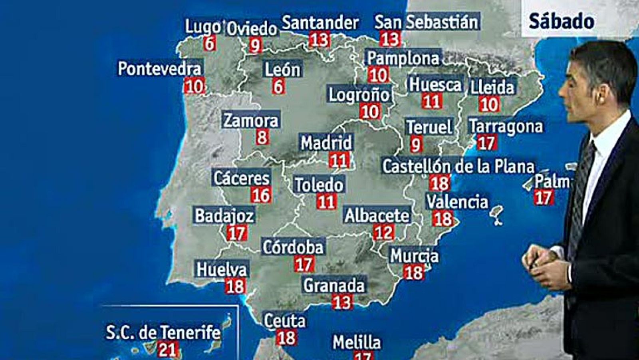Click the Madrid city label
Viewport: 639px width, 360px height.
click(x=326, y=143)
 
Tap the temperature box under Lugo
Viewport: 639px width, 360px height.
click(x=209, y=43)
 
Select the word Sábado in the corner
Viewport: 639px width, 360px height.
click(x=561, y=21)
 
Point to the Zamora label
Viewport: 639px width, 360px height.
click(x=250, y=120)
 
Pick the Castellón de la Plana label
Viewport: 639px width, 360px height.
click(x=458, y=166)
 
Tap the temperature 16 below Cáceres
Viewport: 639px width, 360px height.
click(x=261, y=195)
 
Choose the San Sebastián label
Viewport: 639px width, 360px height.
click(x=426, y=22)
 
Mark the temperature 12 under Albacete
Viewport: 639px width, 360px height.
click(x=383, y=232)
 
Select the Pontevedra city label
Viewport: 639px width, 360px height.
click(x=160, y=69)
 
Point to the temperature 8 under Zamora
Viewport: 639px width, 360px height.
click(x=262, y=137)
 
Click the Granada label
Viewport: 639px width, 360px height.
click(x=334, y=285)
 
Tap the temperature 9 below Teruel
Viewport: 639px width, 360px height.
click(x=416, y=144)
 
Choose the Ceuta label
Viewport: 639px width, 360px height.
click(x=285, y=320)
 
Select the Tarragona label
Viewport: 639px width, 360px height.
click(x=506, y=126)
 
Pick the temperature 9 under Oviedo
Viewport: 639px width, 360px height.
click(x=255, y=45)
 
